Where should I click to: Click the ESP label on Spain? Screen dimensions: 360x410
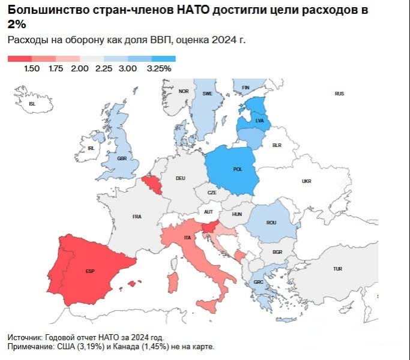(x=90, y=271)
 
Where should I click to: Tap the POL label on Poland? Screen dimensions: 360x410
(x=237, y=169)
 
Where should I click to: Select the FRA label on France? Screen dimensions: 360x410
(x=137, y=217)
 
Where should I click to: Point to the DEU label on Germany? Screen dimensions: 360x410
(x=180, y=178)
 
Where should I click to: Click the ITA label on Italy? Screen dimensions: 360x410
(x=188, y=239)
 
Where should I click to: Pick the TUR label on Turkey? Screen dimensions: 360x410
(x=337, y=269)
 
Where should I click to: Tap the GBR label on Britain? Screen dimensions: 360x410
(x=122, y=158)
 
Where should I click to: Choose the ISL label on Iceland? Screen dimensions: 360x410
(x=32, y=103)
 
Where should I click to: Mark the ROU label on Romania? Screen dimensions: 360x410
(x=271, y=223)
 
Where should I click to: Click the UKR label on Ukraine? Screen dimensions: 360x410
(x=307, y=181)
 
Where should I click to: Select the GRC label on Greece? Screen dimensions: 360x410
(x=258, y=282)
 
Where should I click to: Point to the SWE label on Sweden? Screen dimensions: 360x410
(x=208, y=94)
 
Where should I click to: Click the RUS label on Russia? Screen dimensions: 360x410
(x=339, y=94)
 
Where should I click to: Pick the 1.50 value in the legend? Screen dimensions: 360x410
(x=32, y=68)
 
